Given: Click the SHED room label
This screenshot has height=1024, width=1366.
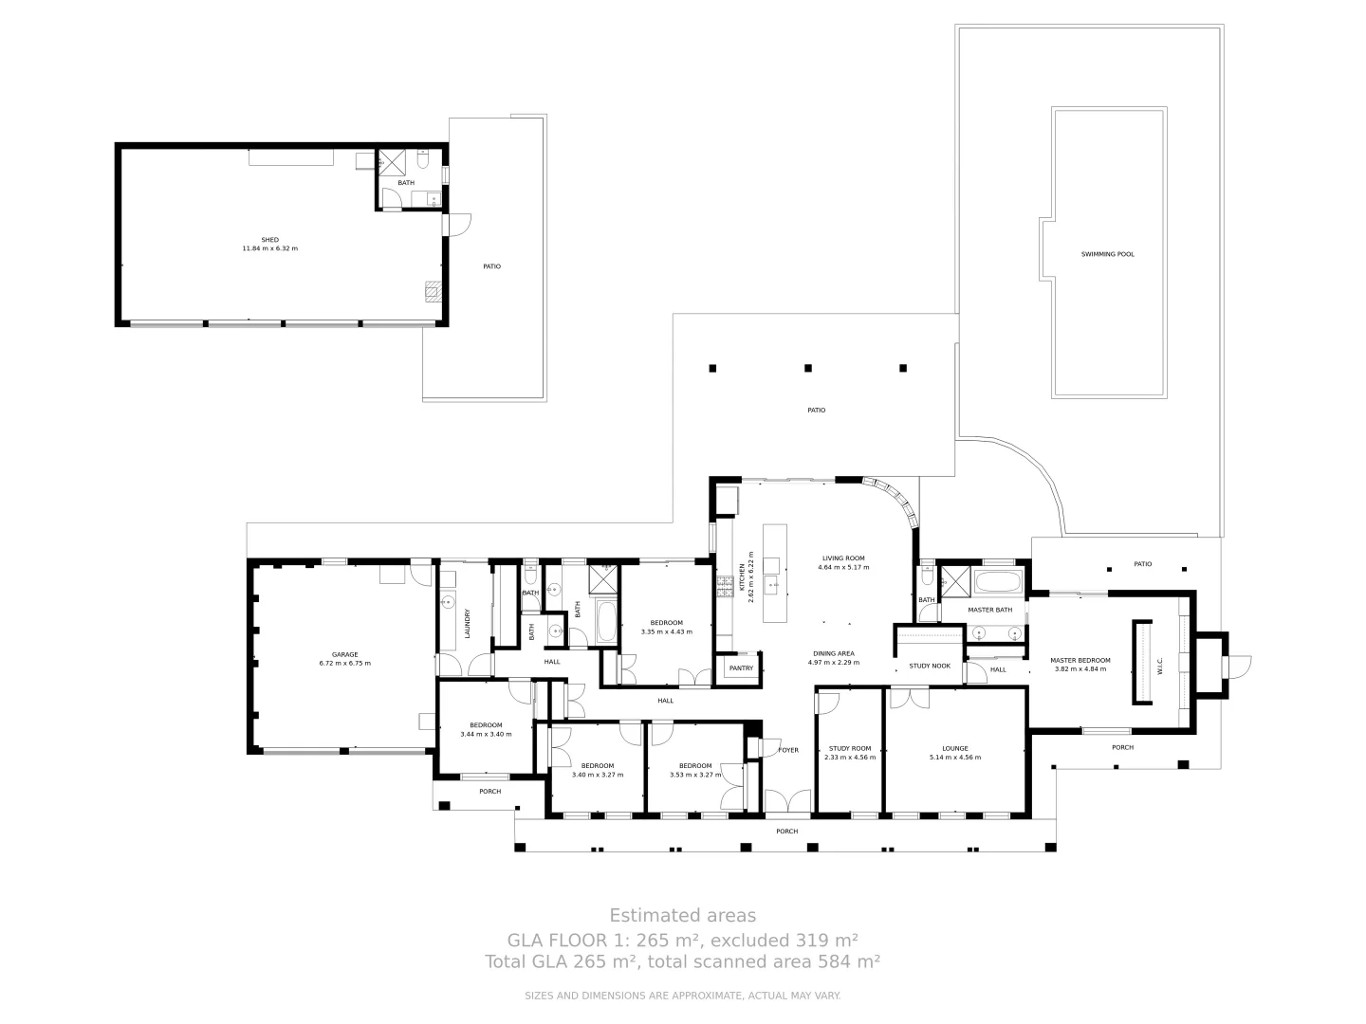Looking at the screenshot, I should tap(270, 239).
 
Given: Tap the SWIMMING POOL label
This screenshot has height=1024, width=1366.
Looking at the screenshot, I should tap(1107, 254).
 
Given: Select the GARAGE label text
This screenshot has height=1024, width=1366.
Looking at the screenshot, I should tap(344, 654).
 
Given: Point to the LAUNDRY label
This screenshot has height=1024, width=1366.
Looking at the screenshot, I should tap(468, 623).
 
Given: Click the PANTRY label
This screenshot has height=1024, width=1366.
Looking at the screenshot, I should tap(741, 668).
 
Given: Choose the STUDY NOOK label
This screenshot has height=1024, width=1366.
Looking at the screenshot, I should tap(929, 666).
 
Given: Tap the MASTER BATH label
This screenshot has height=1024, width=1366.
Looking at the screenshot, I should tap(989, 610).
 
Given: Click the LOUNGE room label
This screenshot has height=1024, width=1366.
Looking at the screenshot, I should tap(955, 748).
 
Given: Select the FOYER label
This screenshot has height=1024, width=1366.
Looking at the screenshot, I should tap(788, 750).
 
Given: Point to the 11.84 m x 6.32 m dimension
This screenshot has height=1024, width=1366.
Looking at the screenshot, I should tap(270, 248).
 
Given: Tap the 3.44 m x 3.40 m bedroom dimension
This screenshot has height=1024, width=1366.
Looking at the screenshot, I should tap(486, 734).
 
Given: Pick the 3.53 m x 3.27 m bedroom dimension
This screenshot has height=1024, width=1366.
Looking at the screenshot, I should tap(695, 775).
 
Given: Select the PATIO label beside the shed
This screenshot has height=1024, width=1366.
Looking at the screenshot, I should tap(491, 266).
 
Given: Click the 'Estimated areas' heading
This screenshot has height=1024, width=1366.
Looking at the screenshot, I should tap(682, 915).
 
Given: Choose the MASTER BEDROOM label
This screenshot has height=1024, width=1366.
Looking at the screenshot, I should tap(1080, 660).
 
